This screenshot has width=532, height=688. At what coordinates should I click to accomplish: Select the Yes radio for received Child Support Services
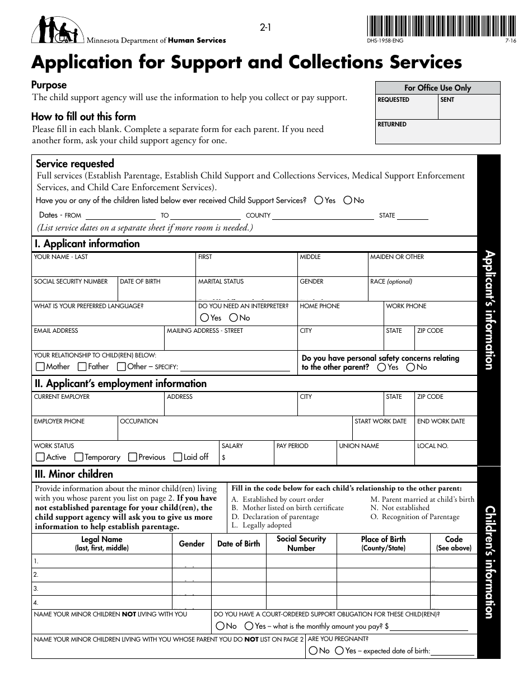point(319,200)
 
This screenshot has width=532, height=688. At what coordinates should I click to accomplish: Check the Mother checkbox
point(40,367)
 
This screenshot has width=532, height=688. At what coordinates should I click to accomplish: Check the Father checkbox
point(82,367)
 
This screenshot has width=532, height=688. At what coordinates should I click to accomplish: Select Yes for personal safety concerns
point(381,367)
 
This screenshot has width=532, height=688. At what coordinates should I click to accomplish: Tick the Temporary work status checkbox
point(79,457)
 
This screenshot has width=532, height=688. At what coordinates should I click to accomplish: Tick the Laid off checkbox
point(178,457)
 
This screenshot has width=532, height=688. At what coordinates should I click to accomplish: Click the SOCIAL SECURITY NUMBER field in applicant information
point(74,289)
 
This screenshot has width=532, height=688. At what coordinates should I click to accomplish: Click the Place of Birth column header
point(383,543)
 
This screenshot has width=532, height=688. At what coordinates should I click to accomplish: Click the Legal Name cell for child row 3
point(101,588)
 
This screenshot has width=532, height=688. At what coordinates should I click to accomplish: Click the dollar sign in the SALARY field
point(224,458)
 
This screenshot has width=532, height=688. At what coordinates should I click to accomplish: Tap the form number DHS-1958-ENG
point(385,41)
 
